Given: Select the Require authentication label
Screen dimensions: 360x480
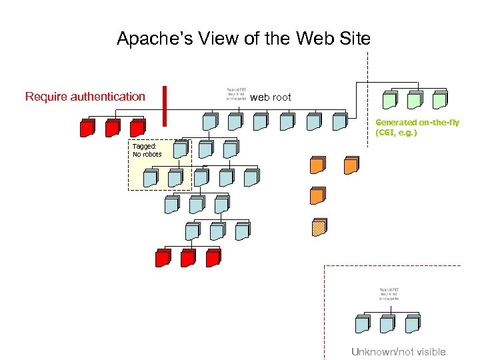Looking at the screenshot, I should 85,97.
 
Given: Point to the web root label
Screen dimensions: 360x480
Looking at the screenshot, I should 271,97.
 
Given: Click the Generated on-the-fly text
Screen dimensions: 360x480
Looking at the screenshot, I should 417,123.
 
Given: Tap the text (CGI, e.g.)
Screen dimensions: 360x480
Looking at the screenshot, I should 397,133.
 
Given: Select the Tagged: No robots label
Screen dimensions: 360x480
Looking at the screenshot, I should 147,150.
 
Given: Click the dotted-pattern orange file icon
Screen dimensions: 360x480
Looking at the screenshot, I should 319,227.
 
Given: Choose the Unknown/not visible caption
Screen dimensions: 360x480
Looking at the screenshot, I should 398,352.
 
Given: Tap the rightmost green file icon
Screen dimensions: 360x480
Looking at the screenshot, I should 439,100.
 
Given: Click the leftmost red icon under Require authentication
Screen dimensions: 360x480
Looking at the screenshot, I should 87,128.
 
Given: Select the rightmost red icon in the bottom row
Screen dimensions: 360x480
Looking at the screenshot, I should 213,257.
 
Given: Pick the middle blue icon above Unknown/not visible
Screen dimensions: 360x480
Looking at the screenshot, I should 387,324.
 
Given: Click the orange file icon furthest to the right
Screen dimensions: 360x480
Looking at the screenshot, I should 351,165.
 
